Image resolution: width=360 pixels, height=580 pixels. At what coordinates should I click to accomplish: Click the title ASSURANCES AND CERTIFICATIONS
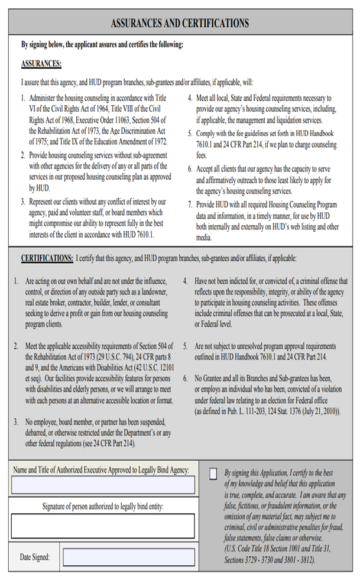(180, 24)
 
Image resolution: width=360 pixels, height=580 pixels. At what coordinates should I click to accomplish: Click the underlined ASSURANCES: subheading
(41, 64)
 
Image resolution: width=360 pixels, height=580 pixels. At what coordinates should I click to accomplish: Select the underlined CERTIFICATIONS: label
(47, 258)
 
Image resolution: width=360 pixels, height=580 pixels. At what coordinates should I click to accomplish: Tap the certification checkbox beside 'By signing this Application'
(213, 474)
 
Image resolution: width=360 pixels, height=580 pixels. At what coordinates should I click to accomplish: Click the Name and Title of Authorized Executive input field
(103, 485)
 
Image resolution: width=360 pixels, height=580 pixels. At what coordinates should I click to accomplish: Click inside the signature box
(103, 526)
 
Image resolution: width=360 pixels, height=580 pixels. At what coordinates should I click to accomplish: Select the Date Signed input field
(128, 557)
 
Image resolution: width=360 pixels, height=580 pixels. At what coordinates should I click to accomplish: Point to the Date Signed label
(34, 557)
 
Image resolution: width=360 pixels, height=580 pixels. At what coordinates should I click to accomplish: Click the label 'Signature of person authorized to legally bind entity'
(103, 506)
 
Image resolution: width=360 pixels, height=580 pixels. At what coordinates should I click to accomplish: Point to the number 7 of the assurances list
(190, 205)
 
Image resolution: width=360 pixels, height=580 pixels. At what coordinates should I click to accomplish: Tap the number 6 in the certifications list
(185, 378)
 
